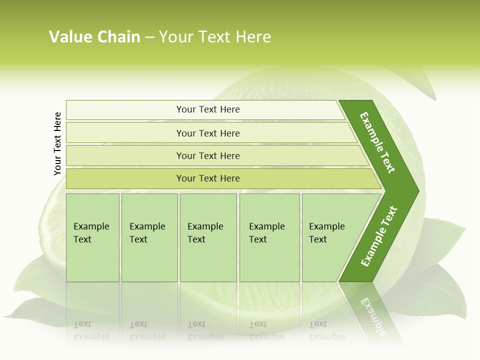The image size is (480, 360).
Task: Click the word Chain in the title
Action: (x=118, y=37)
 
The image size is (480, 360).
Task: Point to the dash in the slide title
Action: (x=149, y=37)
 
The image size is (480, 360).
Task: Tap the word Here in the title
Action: (x=253, y=37)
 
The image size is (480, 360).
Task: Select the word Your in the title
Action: (x=174, y=37)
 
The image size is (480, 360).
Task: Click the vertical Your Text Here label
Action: (x=57, y=144)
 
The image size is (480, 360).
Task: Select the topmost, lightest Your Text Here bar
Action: (x=207, y=109)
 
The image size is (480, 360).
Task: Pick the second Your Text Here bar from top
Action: (x=207, y=133)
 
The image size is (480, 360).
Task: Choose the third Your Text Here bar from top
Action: (x=207, y=155)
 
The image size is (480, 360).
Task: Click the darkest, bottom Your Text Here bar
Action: (x=207, y=178)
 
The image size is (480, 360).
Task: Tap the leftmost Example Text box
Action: (x=92, y=237)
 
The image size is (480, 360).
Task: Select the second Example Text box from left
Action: (x=149, y=237)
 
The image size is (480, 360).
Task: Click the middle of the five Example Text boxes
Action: (x=208, y=237)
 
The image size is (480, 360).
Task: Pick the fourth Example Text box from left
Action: (x=269, y=237)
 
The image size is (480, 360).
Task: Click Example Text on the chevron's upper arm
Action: (x=377, y=142)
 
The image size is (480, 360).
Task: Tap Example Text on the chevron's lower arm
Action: (x=379, y=236)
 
